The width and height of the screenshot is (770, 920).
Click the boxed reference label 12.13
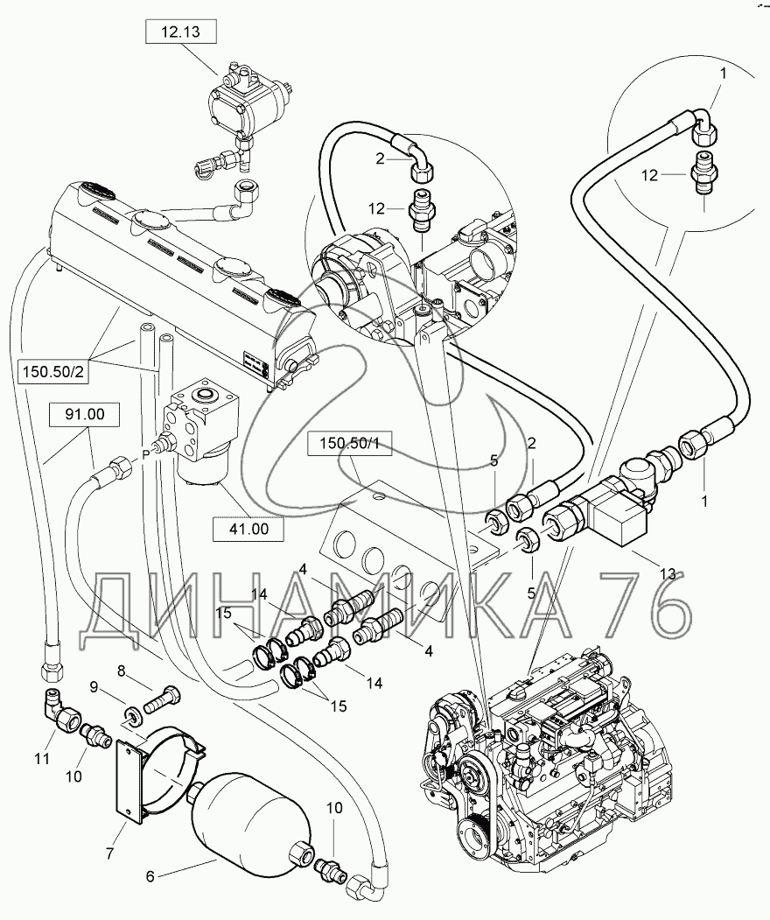click(x=180, y=32)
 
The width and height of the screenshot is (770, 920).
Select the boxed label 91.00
click(x=85, y=414)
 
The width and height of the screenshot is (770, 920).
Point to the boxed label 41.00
click(x=248, y=529)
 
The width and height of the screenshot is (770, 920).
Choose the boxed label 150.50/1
click(x=349, y=444)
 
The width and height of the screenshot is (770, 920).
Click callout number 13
click(x=668, y=573)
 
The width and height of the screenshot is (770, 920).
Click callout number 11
click(x=41, y=758)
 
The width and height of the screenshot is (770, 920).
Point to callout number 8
click(x=122, y=670)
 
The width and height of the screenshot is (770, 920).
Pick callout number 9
click(x=93, y=686)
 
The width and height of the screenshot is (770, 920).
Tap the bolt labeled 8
click(x=163, y=699)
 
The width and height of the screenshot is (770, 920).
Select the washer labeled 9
click(x=132, y=716)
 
